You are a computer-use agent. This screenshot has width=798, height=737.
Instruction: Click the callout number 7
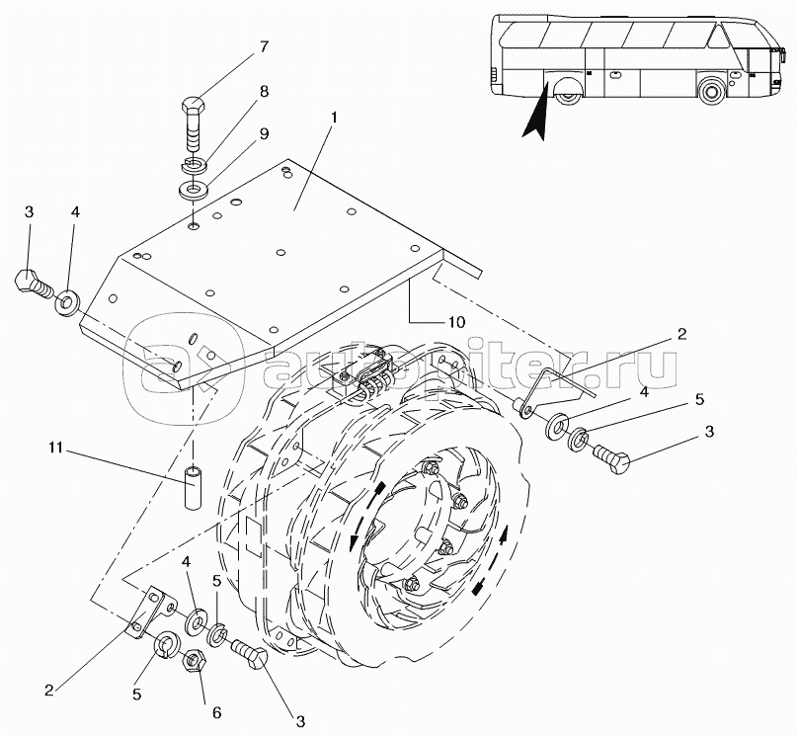[x=263, y=46]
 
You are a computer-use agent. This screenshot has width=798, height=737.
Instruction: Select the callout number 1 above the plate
[x=334, y=118]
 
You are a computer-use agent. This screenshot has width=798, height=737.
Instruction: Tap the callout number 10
[x=456, y=322]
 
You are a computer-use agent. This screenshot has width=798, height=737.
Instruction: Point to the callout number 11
[x=56, y=448]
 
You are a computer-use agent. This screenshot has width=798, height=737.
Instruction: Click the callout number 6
[x=217, y=712]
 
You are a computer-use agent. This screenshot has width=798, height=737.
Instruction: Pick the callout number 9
[x=264, y=133]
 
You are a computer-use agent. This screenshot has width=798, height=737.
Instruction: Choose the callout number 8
[x=264, y=92]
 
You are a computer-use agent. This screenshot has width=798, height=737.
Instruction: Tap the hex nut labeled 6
[x=195, y=661]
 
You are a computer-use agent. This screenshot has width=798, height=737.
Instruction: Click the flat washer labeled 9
[x=193, y=192]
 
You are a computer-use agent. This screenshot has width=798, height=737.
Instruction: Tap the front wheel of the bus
[x=711, y=91]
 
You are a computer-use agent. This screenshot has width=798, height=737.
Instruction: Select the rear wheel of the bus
[x=568, y=95]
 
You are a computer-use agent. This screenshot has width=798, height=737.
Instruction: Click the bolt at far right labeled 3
[x=612, y=457]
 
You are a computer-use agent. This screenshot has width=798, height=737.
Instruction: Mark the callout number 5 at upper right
[x=700, y=399]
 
